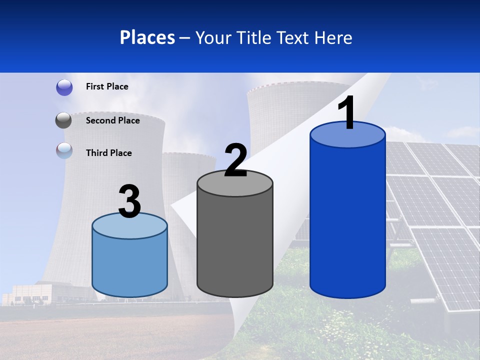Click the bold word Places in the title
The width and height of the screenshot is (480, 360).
click(147, 37)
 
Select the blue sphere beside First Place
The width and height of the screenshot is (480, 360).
click(64, 87)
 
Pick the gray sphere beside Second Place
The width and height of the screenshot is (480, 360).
click(64, 120)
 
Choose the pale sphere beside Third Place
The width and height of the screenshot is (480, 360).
click(64, 151)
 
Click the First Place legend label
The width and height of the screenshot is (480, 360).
click(107, 86)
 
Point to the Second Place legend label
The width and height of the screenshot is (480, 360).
click(112, 120)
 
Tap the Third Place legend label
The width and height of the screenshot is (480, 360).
click(108, 153)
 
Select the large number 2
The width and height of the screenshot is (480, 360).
click(235, 160)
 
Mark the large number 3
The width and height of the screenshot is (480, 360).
click(129, 201)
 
